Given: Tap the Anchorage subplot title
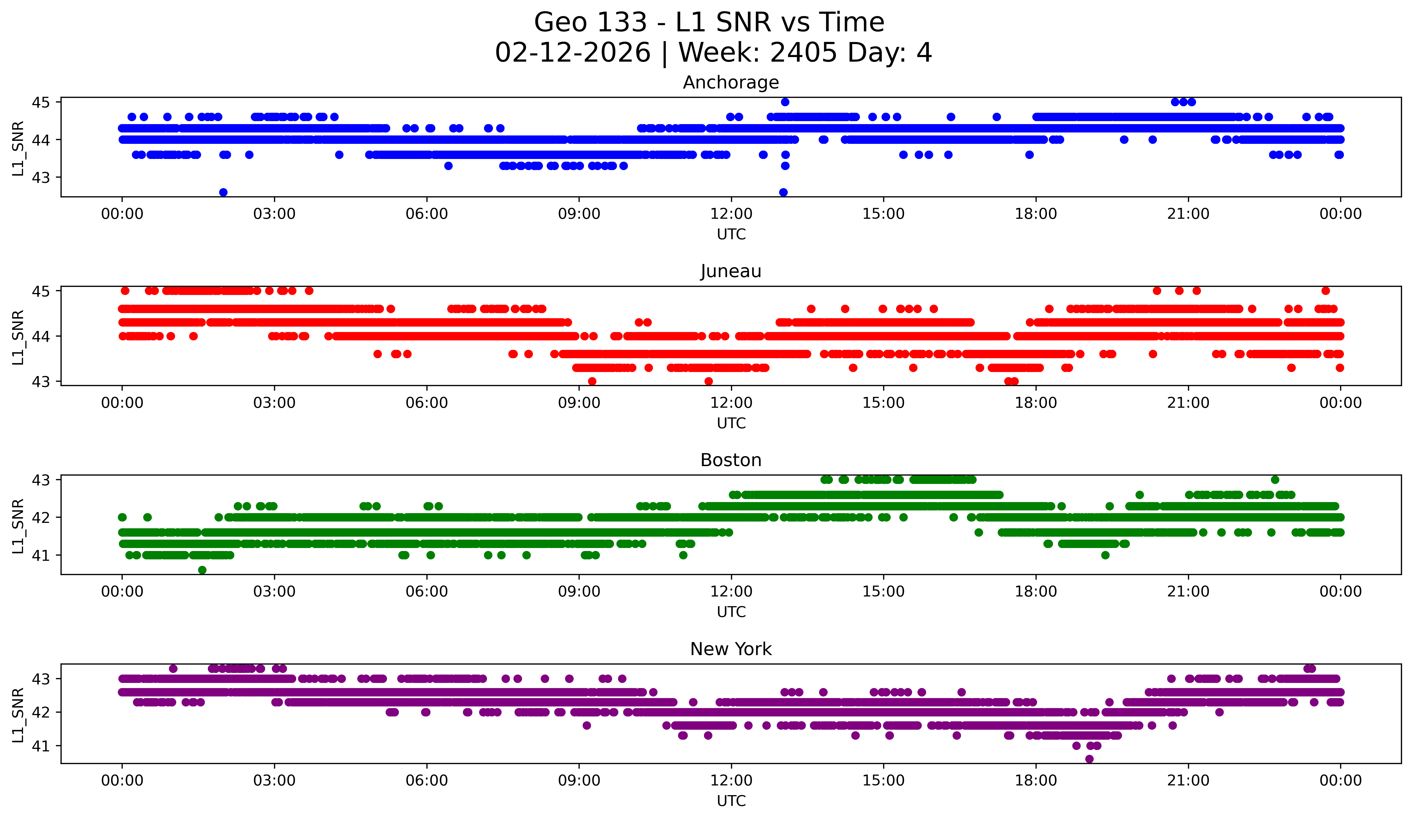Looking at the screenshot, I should click(731, 82).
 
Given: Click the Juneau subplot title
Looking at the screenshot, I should click(731, 271).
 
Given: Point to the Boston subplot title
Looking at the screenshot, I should click(731, 460).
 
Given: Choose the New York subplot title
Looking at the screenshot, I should click(731, 649).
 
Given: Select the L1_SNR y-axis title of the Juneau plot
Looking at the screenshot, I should click(18, 337).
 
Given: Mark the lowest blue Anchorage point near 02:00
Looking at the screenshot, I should click(223, 192).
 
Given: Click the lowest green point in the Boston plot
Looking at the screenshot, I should click(202, 570).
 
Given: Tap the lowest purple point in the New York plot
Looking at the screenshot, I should click(1089, 759).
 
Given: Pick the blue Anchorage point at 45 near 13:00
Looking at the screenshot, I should click(785, 102).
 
